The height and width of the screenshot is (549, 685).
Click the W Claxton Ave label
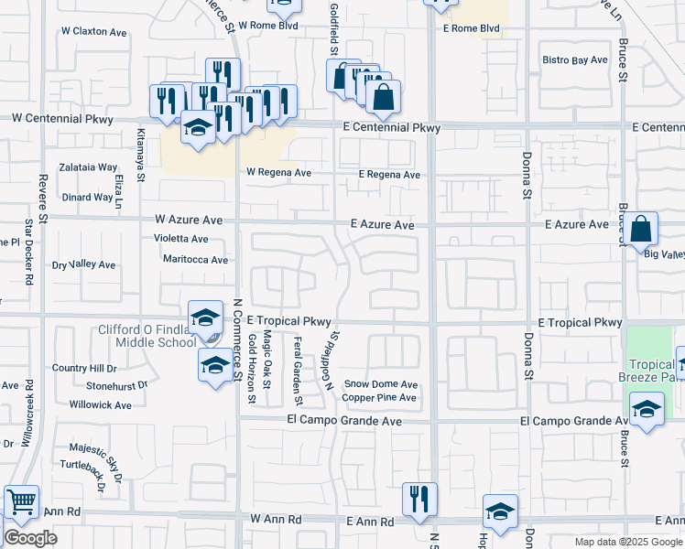pyautogui.click(x=94, y=32)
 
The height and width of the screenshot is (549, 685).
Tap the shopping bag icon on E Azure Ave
pyautogui.click(x=643, y=229)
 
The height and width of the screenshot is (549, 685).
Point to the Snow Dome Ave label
pyautogui.click(x=380, y=384)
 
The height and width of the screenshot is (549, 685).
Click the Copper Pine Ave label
pyautogui.click(x=379, y=398)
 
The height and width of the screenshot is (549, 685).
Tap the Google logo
pyautogui.click(x=29, y=538)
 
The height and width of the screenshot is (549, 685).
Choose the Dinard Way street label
pyautogui.click(x=88, y=197)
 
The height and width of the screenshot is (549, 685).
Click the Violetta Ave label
pyautogui.click(x=180, y=239)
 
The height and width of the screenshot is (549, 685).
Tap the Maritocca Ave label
pyautogui.click(x=195, y=260)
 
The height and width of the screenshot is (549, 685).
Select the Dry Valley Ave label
pyautogui.click(x=83, y=265)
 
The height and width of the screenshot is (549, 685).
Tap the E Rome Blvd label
pyautogui.click(x=471, y=28)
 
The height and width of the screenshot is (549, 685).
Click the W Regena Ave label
pyautogui.click(x=278, y=172)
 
